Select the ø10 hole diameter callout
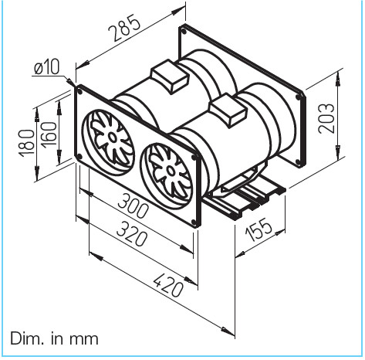48,68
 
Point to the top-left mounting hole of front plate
79,90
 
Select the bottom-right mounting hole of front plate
193,219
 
